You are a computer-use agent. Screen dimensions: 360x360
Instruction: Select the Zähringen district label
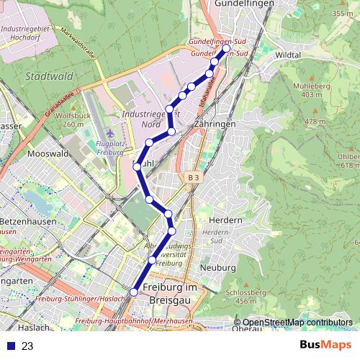pyautogui.click(x=214, y=124)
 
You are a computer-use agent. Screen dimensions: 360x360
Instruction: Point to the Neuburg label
pyautogui.click(x=216, y=266)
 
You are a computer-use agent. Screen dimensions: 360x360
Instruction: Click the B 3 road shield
pyautogui.click(x=191, y=177)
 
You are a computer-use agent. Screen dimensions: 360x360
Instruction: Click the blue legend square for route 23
pyautogui.click(x=10, y=346)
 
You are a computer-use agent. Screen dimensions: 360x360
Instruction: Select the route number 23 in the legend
pyautogui.click(x=28, y=346)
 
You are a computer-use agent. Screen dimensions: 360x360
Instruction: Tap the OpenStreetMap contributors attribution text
pyautogui.click(x=297, y=323)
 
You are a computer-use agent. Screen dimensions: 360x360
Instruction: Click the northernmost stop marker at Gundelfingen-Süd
pyautogui.click(x=226, y=50)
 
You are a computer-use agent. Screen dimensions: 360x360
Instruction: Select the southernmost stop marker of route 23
pyautogui.click(x=133, y=292)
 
